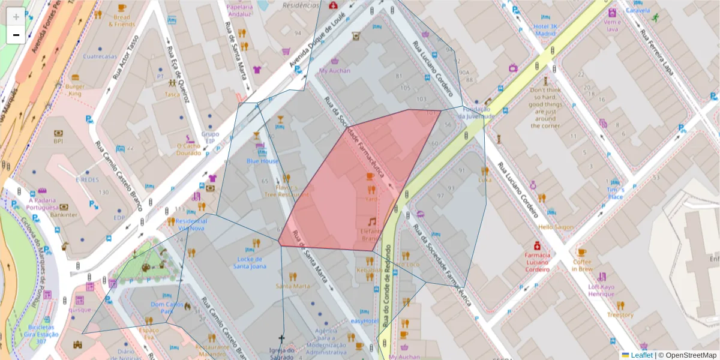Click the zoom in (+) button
(16, 16)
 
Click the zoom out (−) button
(16, 35)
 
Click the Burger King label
(74, 90)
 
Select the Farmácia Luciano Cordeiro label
(537, 262)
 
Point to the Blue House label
(262, 161)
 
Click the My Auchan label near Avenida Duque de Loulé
(334, 70)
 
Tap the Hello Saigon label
(556, 227)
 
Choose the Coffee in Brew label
(581, 265)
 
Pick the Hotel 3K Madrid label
(545, 30)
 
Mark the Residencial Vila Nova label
(192, 224)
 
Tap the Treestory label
(620, 314)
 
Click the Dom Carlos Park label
(166, 308)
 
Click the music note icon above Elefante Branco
(372, 221)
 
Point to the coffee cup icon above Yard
(370, 176)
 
